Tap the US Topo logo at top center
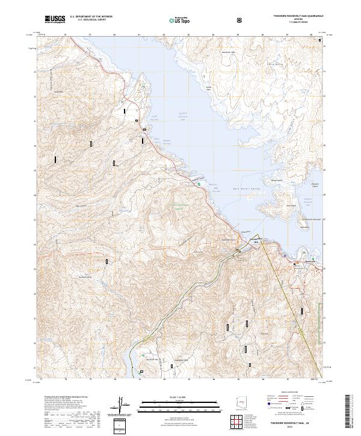(x=180, y=20)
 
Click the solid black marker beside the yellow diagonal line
(x=301, y=311)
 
